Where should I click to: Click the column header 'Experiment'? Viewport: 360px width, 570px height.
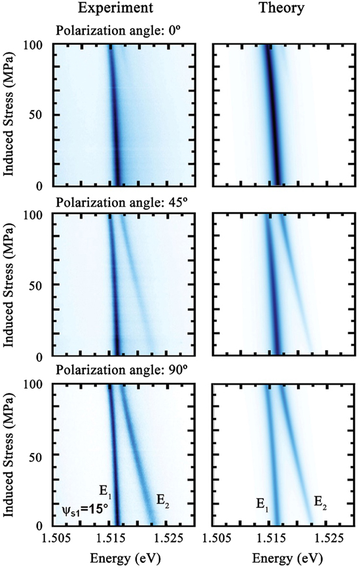pyautogui.click(x=115, y=9)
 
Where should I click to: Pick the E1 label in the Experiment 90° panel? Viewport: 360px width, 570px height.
pyautogui.click(x=105, y=488)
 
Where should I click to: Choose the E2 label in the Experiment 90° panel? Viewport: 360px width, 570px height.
pyautogui.click(x=162, y=501)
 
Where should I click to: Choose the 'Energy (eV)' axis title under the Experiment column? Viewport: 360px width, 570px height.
pyautogui.click(x=116, y=558)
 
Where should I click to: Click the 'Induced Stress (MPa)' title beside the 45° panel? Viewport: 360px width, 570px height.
pyautogui.click(x=10, y=285)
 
